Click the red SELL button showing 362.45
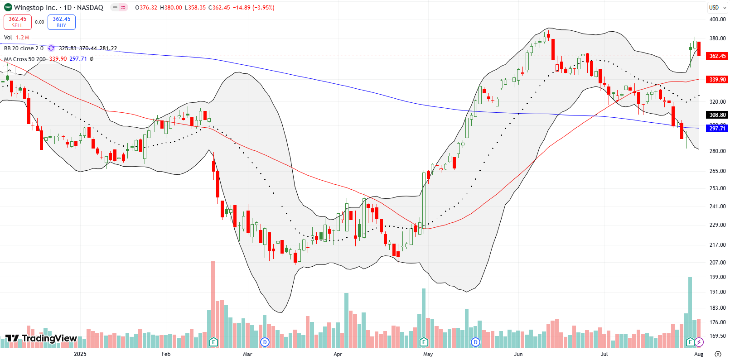(x=17, y=22)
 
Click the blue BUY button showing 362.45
(x=61, y=22)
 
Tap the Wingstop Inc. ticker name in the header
(x=35, y=8)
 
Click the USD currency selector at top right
(x=714, y=7)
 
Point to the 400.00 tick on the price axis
(x=717, y=19)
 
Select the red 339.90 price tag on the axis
(x=717, y=79)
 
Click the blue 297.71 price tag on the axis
(x=717, y=129)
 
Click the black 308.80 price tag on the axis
(x=717, y=115)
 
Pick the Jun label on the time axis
(x=518, y=354)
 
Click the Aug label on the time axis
(x=699, y=354)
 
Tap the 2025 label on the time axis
(x=80, y=354)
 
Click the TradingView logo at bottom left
(x=41, y=338)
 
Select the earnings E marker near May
(x=424, y=342)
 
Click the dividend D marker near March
(x=265, y=342)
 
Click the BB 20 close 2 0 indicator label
(x=24, y=48)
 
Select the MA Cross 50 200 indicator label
(x=25, y=59)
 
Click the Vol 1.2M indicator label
(x=16, y=38)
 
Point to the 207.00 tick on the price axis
(x=717, y=263)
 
